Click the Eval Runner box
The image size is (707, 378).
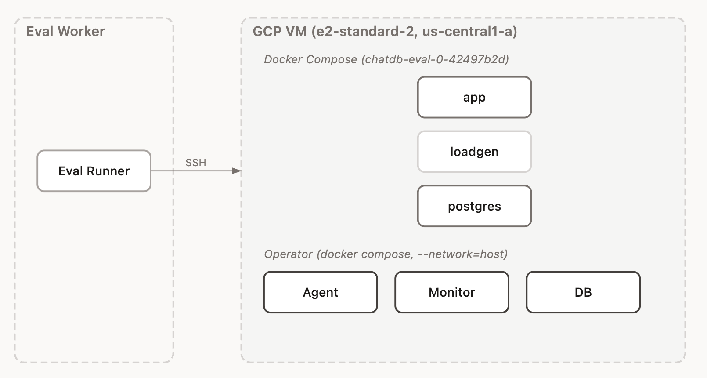[x=94, y=171]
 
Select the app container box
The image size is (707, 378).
[x=474, y=97]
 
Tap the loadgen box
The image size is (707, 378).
[x=474, y=152]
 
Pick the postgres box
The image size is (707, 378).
[x=474, y=206]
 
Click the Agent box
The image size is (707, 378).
[x=321, y=292]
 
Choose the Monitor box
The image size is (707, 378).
[x=452, y=292]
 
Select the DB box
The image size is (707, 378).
[x=583, y=292]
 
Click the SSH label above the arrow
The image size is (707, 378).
[x=196, y=163]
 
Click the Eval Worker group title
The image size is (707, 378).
[x=65, y=32]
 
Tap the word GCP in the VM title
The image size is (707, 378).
[x=267, y=32]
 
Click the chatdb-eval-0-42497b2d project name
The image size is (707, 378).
[x=435, y=59]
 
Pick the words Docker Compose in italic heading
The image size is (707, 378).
[x=310, y=59]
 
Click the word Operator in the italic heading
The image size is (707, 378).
[x=288, y=254]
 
